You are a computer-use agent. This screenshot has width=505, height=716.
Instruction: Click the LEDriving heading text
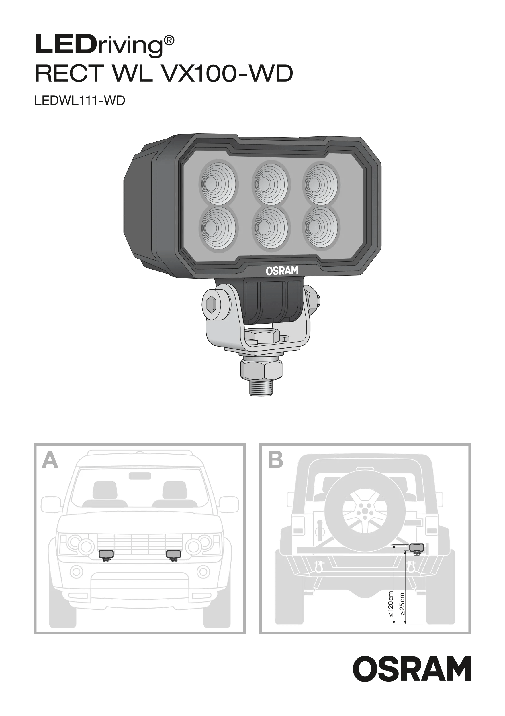click(x=104, y=46)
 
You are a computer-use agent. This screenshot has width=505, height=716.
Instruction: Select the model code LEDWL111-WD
click(x=80, y=101)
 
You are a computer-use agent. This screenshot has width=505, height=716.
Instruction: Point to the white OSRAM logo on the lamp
click(x=282, y=270)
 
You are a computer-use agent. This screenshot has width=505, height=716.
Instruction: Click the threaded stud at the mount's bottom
click(x=261, y=386)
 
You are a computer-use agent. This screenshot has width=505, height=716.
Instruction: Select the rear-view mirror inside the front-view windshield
click(x=140, y=476)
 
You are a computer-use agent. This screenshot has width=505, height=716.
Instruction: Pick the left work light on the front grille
click(x=106, y=554)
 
